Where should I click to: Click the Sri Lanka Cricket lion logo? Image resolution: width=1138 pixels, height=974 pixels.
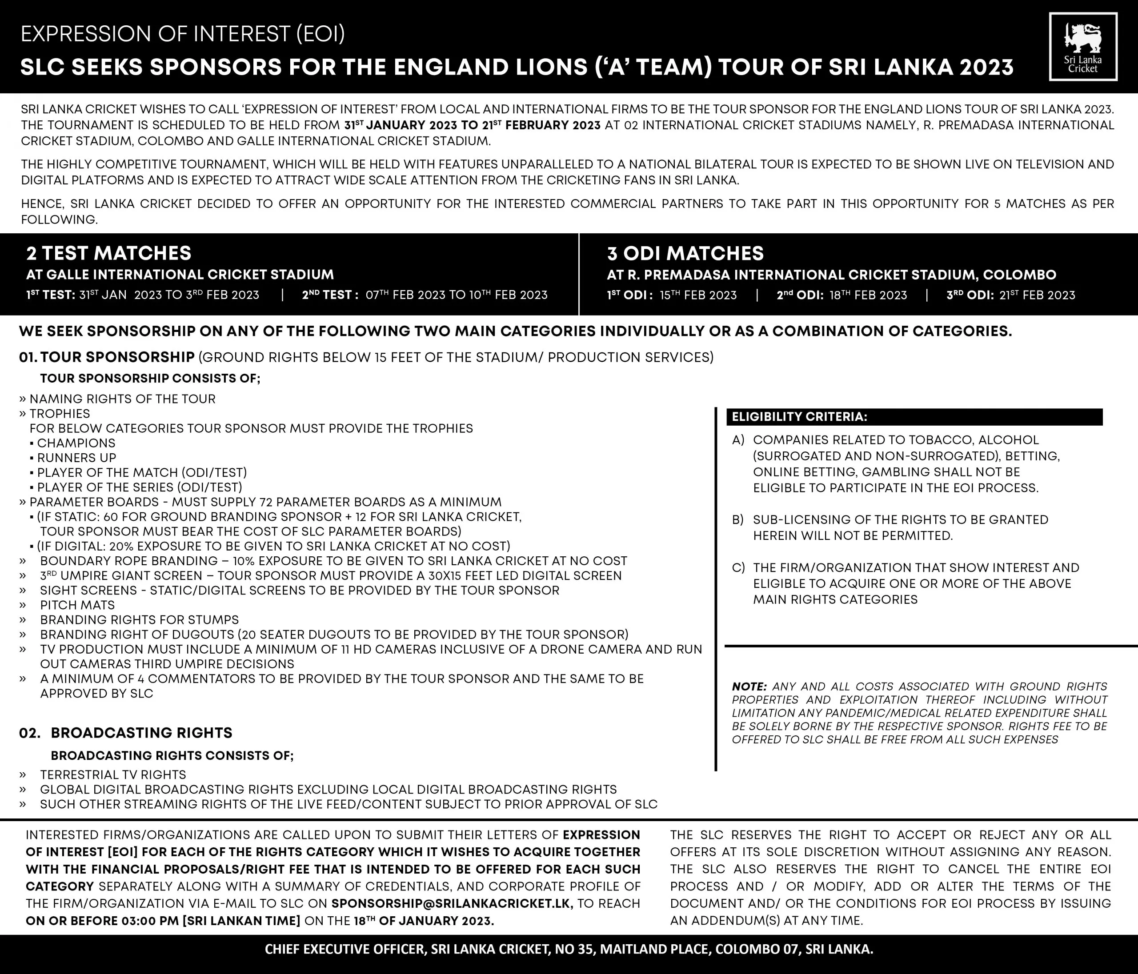click(1082, 47)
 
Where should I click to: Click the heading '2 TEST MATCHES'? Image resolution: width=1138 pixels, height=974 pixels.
click(109, 253)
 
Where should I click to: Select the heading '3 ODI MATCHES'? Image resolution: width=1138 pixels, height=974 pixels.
click(685, 253)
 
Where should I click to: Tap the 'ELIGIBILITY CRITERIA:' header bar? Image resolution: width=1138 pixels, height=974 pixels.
click(914, 417)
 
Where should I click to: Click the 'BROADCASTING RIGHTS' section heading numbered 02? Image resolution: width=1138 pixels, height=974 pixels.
click(141, 733)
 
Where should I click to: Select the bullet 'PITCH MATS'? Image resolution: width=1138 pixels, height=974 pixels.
click(77, 605)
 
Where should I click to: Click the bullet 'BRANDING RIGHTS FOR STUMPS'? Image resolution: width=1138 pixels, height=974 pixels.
click(139, 620)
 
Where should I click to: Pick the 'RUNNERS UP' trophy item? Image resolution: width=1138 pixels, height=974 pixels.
click(76, 458)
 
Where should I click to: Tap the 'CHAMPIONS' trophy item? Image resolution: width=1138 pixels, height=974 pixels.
click(76, 443)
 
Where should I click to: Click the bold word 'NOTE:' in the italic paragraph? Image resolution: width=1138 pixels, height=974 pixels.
click(749, 687)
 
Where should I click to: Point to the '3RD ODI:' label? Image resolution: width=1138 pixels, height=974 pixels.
click(970, 295)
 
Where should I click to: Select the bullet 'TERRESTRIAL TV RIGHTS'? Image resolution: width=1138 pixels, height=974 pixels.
click(112, 774)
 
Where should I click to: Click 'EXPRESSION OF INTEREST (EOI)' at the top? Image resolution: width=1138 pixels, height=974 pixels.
click(183, 34)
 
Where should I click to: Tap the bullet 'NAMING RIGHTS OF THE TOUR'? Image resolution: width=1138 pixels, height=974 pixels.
click(122, 399)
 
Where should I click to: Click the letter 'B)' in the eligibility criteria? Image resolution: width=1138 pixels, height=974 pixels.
click(738, 520)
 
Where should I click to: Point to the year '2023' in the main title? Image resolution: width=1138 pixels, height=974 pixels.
click(986, 67)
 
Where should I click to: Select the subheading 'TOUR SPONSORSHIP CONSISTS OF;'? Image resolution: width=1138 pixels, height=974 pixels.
click(150, 378)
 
